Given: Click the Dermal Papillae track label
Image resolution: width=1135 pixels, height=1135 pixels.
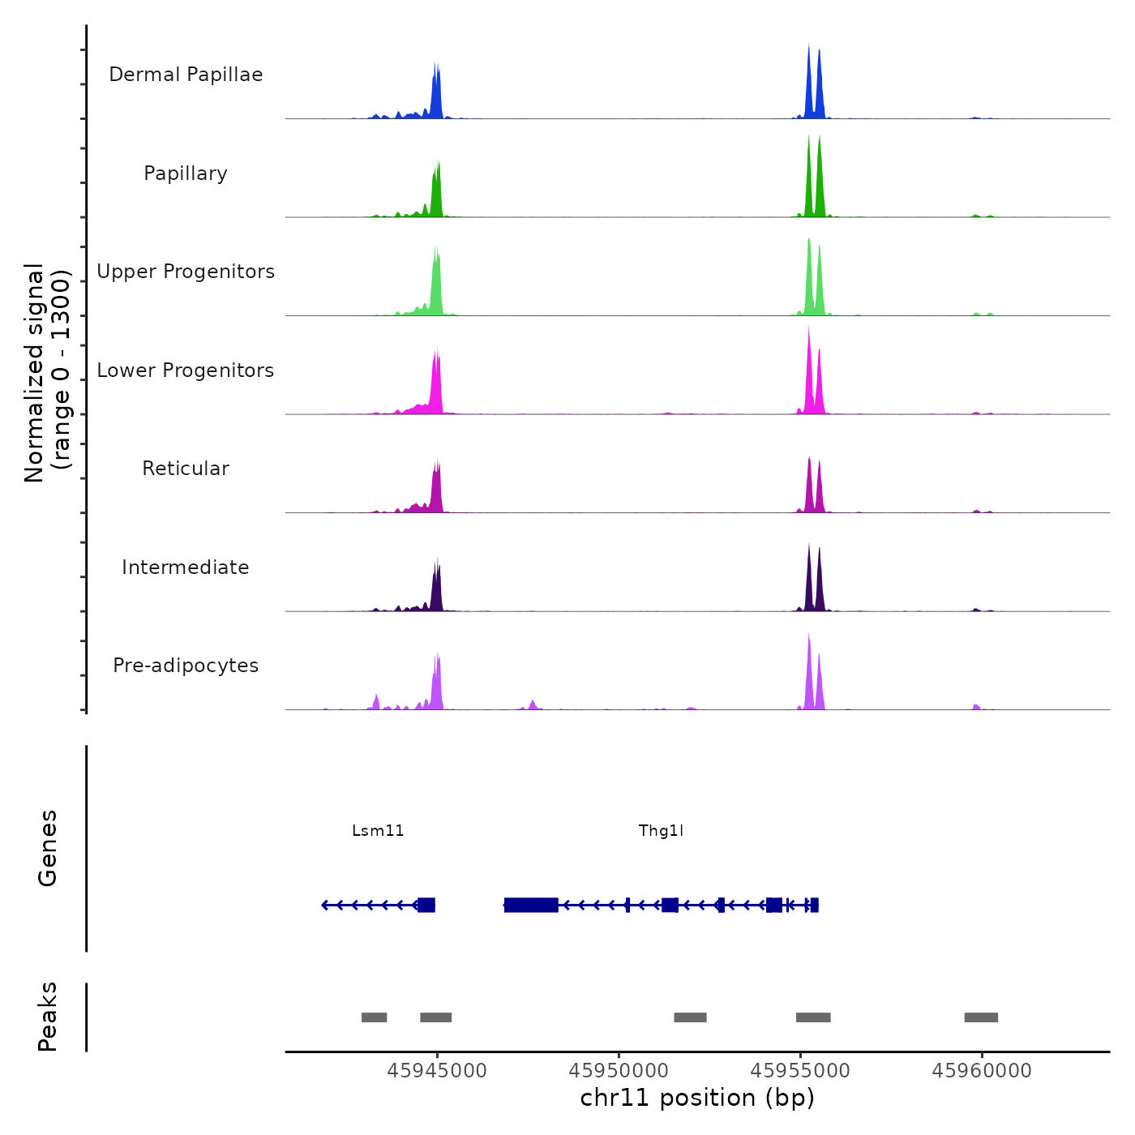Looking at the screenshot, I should pyautogui.click(x=186, y=75).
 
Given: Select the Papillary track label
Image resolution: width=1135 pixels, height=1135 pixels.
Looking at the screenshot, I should pyautogui.click(x=186, y=173).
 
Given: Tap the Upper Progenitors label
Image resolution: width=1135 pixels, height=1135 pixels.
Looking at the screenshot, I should pyautogui.click(x=186, y=272).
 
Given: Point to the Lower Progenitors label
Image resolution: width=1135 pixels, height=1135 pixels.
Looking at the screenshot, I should pyautogui.click(x=186, y=370).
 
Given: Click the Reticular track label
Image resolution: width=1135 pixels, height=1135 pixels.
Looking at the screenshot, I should pyautogui.click(x=186, y=469).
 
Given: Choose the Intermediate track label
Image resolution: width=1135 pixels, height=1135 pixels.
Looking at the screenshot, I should pyautogui.click(x=186, y=567).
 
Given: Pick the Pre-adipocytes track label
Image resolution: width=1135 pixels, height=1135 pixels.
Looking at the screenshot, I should pyautogui.click(x=186, y=666).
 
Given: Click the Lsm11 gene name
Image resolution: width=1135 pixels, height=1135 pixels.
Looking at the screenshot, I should pyautogui.click(x=378, y=830).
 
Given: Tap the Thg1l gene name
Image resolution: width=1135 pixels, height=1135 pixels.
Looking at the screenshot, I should pyautogui.click(x=661, y=830).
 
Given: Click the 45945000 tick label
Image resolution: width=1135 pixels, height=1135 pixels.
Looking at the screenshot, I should pyautogui.click(x=437, y=1071).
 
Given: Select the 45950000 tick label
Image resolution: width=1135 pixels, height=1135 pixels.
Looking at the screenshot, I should pyautogui.click(x=619, y=1071).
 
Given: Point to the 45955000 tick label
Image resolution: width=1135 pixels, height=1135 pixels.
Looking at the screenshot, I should pyautogui.click(x=800, y=1071).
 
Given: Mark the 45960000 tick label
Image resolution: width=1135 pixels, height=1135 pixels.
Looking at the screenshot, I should pyautogui.click(x=982, y=1071).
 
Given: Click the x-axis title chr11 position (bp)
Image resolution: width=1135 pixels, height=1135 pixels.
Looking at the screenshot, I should pyautogui.click(x=697, y=1098).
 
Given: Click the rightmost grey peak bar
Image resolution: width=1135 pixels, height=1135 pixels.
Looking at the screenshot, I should pyautogui.click(x=981, y=1017).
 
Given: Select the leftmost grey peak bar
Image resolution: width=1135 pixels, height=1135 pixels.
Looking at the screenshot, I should pyautogui.click(x=374, y=1017).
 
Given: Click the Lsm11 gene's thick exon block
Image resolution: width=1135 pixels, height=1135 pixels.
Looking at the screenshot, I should pyautogui.click(x=426, y=905).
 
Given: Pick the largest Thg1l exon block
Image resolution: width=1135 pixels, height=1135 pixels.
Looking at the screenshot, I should pyautogui.click(x=531, y=905).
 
